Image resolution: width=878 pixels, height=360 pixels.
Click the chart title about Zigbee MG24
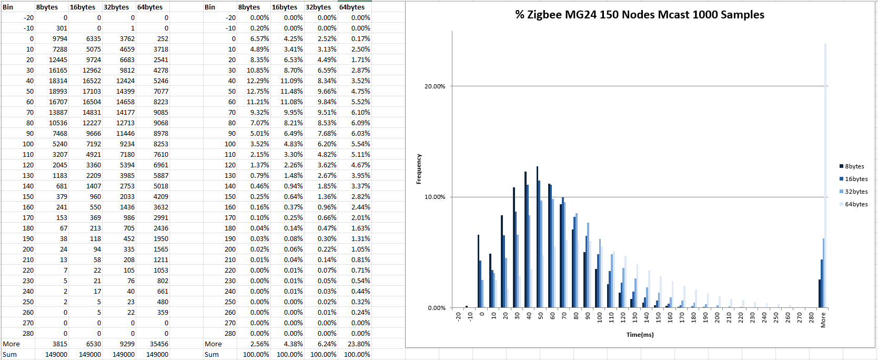640,15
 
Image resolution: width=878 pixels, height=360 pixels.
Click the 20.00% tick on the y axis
435,86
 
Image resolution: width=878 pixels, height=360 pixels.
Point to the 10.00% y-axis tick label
435,197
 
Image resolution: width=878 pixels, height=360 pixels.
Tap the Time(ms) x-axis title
640,335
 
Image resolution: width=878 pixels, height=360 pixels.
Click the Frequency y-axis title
419,169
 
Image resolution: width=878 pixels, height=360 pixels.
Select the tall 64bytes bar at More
825,174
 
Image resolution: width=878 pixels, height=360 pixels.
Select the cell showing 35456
157,344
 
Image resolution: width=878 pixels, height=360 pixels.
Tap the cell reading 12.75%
258,92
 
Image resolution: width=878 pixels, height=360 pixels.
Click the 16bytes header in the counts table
83,7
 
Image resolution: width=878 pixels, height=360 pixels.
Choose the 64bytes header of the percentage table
352,7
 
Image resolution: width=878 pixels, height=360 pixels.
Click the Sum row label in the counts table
10,355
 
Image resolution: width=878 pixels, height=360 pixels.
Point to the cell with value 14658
125,102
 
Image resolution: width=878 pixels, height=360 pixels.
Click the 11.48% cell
291,92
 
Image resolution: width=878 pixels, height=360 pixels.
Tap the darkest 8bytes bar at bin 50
537,237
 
